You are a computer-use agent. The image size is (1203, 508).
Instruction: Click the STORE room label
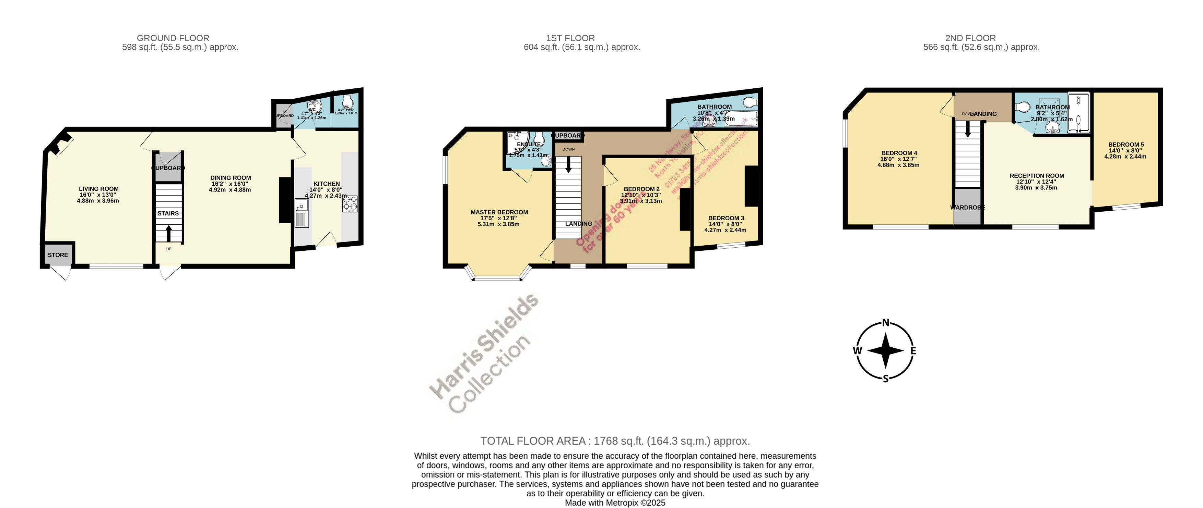(58, 255)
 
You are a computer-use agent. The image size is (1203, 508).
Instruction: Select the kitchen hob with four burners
(350, 204)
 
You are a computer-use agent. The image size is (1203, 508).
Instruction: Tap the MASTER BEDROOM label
(499, 212)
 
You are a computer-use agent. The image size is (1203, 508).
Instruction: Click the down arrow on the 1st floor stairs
(568, 165)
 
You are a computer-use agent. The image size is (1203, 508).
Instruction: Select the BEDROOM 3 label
(726, 218)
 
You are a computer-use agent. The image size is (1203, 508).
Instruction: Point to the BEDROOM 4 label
(899, 153)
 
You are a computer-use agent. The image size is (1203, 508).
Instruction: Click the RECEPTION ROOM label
(1037, 176)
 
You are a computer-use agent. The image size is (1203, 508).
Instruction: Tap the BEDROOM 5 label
(1126, 145)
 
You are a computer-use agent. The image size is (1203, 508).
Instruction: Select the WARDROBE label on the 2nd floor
(967, 207)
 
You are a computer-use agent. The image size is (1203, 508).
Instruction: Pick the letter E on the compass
(913, 351)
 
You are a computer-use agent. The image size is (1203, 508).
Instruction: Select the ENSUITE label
(528, 144)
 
